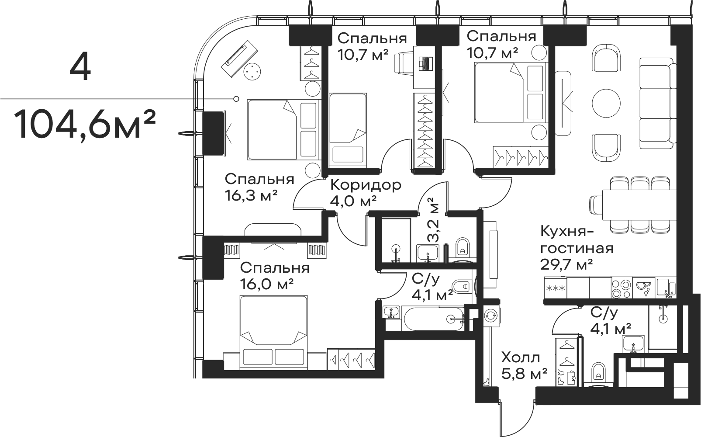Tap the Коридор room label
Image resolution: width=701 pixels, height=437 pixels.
365,185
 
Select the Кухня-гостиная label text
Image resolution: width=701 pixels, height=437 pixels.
577,240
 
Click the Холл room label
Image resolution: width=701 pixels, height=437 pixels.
520,358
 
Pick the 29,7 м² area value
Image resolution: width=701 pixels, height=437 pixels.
566,264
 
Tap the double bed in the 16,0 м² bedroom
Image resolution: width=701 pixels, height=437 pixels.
273,328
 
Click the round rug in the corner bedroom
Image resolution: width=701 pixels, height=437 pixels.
252,71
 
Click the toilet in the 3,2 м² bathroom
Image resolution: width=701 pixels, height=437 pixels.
461,247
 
